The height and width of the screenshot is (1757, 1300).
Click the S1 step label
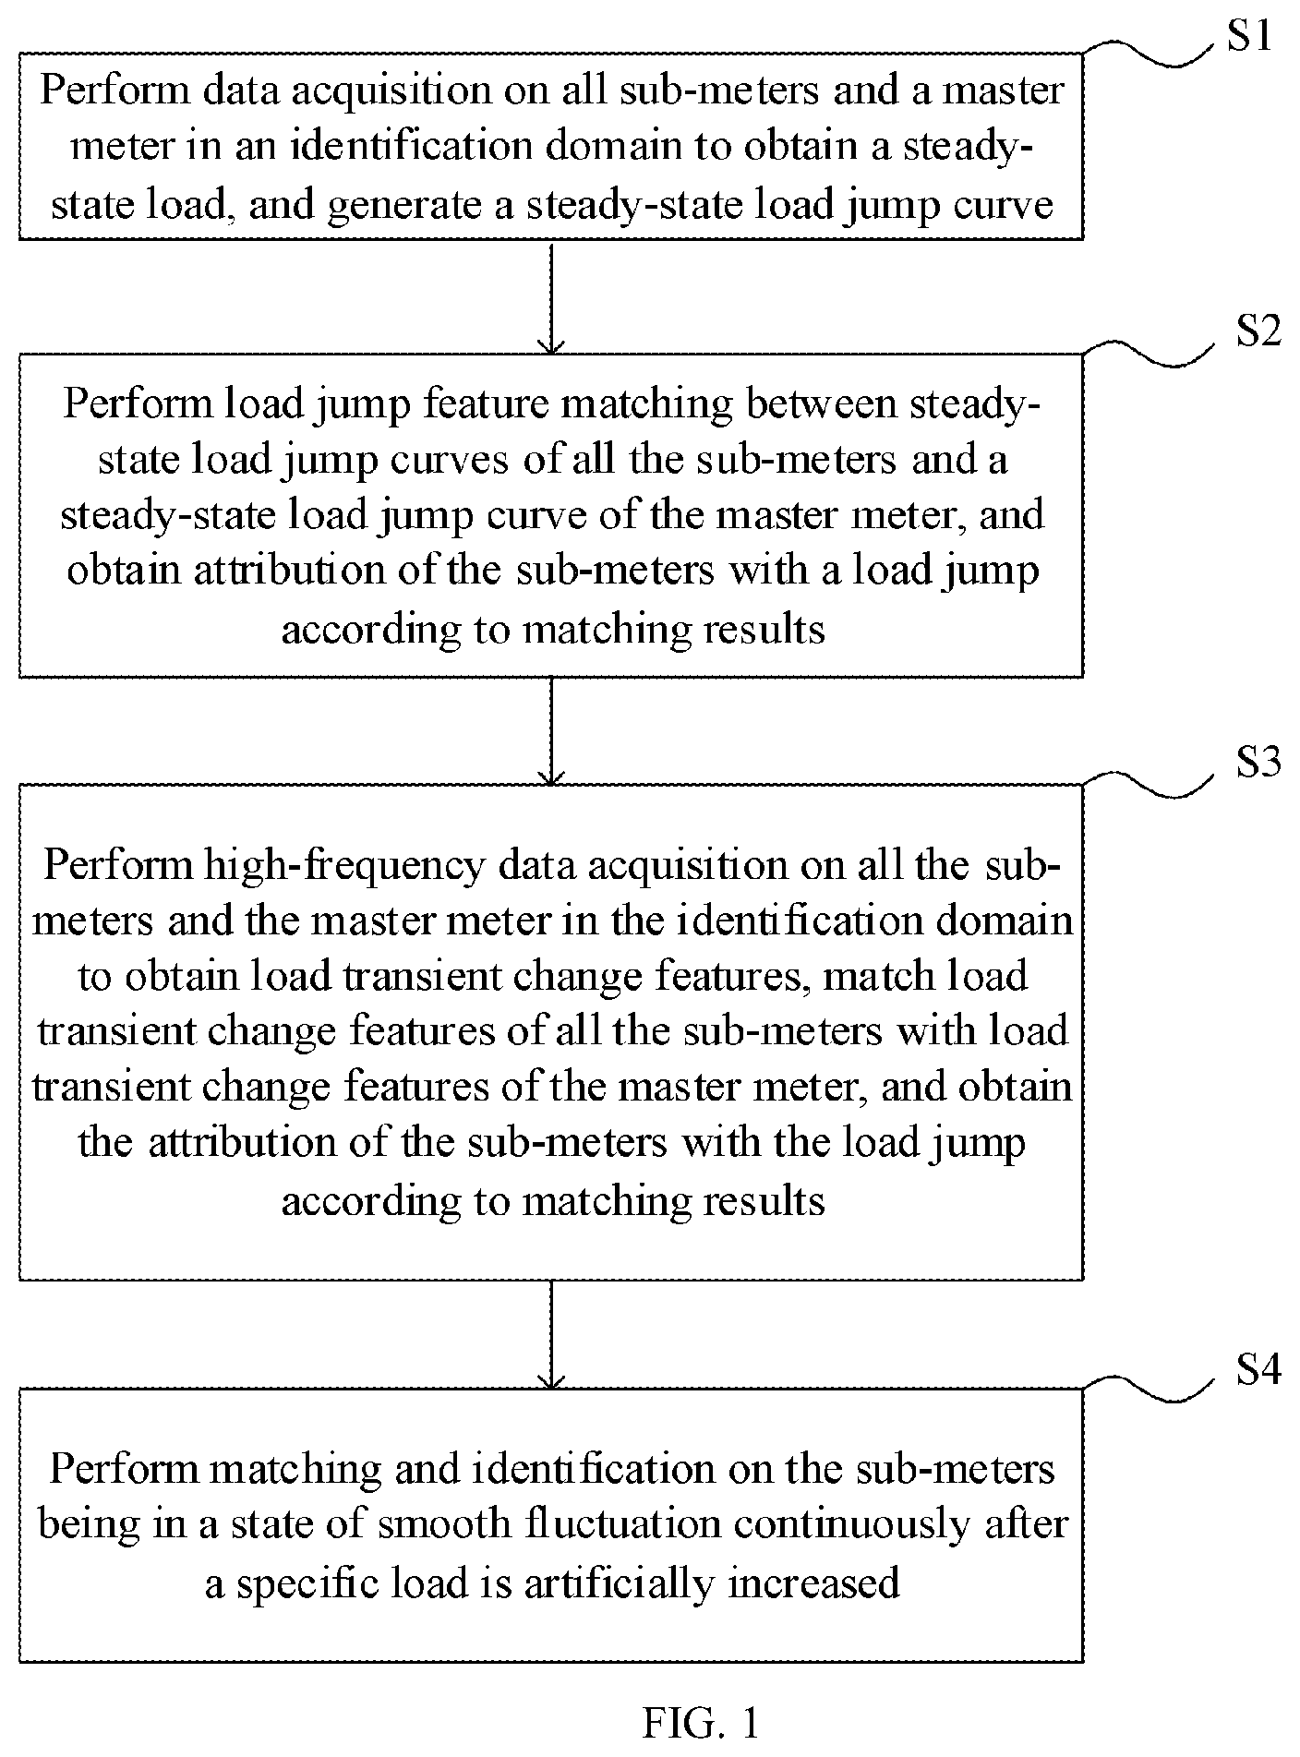(x=1248, y=37)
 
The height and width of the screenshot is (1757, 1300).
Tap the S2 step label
(x=1258, y=331)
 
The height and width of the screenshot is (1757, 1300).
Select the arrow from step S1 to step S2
(x=551, y=297)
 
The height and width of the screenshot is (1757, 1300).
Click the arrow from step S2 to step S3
(x=551, y=731)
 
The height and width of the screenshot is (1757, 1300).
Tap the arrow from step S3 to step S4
(x=551, y=1334)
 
